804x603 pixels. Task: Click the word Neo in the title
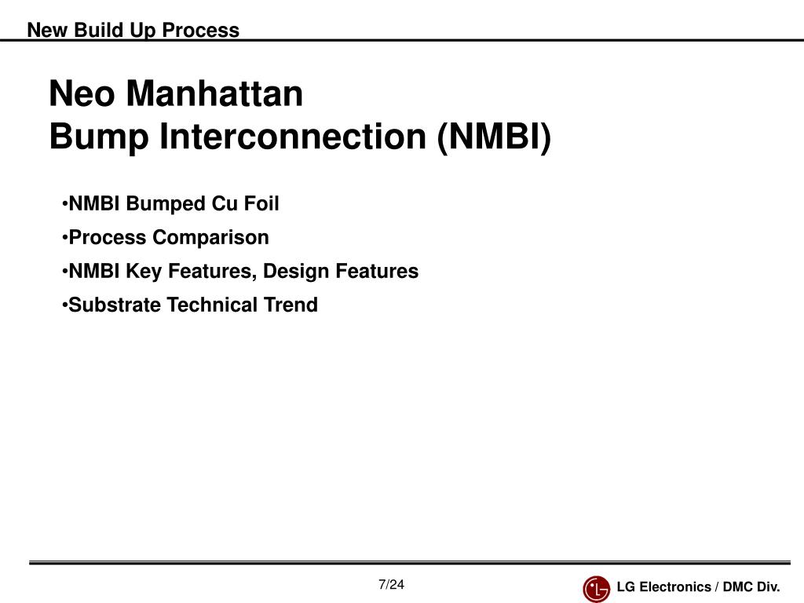coord(82,93)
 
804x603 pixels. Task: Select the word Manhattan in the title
coord(214,93)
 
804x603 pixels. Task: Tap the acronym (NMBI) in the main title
coord(495,137)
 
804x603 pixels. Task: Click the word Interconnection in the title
coord(293,137)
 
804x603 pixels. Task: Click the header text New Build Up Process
coord(133,30)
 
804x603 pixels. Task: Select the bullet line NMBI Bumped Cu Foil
coord(170,203)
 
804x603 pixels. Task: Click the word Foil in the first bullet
coord(261,203)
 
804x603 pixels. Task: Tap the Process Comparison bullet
coord(165,237)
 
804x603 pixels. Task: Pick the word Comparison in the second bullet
coord(210,238)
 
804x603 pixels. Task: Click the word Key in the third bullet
coord(144,271)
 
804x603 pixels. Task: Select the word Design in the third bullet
coord(295,271)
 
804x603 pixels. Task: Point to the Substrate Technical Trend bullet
coord(190,305)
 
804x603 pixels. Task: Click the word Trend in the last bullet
coord(291,305)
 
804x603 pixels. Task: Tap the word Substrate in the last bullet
coord(115,305)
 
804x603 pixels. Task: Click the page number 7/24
coord(391,584)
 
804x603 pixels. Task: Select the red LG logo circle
coord(597,589)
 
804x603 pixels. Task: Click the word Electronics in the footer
coord(674,587)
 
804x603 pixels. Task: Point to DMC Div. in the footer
coord(751,587)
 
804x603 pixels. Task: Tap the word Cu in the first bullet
coord(224,203)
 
